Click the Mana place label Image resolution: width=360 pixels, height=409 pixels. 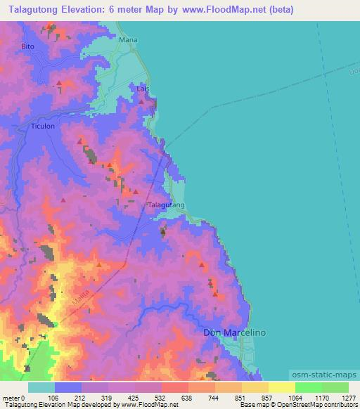click(x=128, y=41)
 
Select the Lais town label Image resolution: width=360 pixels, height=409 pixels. click(x=143, y=90)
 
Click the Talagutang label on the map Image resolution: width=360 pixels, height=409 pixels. click(x=167, y=204)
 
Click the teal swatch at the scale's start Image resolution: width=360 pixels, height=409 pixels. click(x=41, y=387)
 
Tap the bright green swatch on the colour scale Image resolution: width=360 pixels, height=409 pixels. click(x=308, y=387)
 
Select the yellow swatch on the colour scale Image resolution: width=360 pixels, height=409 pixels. click(x=281, y=387)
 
